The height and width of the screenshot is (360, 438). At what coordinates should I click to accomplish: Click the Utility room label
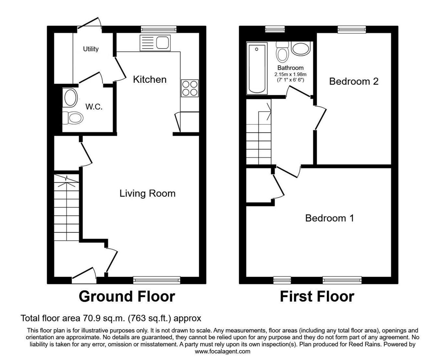(x=90, y=49)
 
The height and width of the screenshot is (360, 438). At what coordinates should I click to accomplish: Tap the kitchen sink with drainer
(x=155, y=43)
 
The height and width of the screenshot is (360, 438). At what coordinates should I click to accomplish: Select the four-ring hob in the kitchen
(x=189, y=88)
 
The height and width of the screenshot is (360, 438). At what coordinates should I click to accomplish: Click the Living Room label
(x=147, y=193)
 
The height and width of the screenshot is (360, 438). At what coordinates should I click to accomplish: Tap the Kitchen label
(x=150, y=79)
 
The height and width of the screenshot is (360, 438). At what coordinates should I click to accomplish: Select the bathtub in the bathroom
(x=257, y=68)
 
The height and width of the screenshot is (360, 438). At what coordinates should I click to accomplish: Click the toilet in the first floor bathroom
(x=282, y=52)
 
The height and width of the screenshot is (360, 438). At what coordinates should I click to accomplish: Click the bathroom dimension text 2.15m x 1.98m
(x=290, y=74)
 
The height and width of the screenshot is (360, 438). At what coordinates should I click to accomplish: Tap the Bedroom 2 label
(x=354, y=81)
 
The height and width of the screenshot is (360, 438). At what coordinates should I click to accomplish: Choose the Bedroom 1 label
(x=330, y=218)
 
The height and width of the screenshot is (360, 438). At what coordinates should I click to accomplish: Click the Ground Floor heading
(x=127, y=297)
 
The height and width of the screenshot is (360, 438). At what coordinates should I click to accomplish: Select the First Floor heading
(x=317, y=297)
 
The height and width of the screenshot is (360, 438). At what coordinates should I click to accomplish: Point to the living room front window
(x=156, y=280)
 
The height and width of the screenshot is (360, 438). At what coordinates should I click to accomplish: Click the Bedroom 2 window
(x=352, y=29)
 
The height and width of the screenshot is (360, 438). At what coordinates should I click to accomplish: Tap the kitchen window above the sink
(x=159, y=29)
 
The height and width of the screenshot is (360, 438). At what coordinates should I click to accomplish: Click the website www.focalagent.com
(x=223, y=351)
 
